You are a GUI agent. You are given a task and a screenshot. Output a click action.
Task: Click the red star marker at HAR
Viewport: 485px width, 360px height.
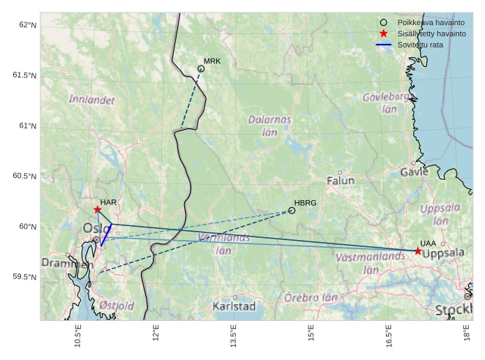click(98, 209)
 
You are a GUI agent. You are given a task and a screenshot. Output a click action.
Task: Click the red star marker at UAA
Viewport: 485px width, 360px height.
click(418, 251)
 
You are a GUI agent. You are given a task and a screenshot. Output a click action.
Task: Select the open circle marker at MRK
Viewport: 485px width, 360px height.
click(201, 68)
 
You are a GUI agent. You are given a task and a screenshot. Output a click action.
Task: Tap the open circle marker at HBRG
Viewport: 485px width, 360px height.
click(292, 210)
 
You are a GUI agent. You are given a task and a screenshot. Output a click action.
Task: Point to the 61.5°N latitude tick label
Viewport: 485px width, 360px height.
click(24, 75)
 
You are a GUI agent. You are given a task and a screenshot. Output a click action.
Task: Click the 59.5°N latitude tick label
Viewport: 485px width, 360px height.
click(24, 277)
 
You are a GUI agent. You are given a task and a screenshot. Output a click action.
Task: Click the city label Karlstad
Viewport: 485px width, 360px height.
click(234, 306)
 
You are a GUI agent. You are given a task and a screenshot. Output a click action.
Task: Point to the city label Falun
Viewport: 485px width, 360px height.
click(341, 180)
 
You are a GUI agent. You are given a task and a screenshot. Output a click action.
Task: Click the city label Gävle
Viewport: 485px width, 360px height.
click(415, 172)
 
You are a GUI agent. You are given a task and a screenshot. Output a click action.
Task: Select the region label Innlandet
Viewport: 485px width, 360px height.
click(91, 100)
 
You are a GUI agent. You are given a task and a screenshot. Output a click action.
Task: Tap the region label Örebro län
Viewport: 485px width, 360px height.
click(311, 297)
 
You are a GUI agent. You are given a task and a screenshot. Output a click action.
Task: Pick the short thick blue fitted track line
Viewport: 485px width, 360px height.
click(106, 234)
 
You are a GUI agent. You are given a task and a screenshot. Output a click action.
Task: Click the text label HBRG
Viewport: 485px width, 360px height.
click(305, 202)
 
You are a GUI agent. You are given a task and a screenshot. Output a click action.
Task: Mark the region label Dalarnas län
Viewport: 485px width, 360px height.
click(269, 125)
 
